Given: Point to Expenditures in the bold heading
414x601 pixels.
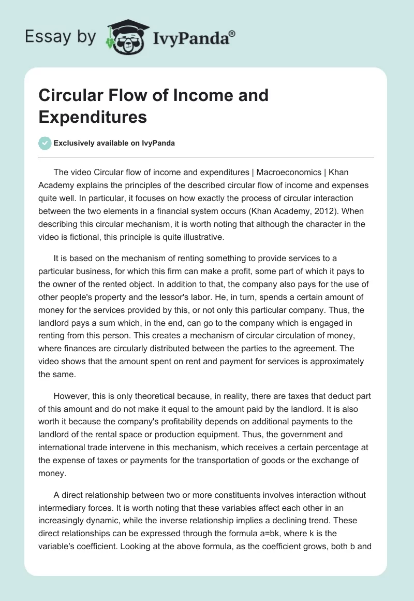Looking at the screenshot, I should coord(93,117).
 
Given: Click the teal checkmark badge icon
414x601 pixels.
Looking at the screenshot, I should coord(45,144).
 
